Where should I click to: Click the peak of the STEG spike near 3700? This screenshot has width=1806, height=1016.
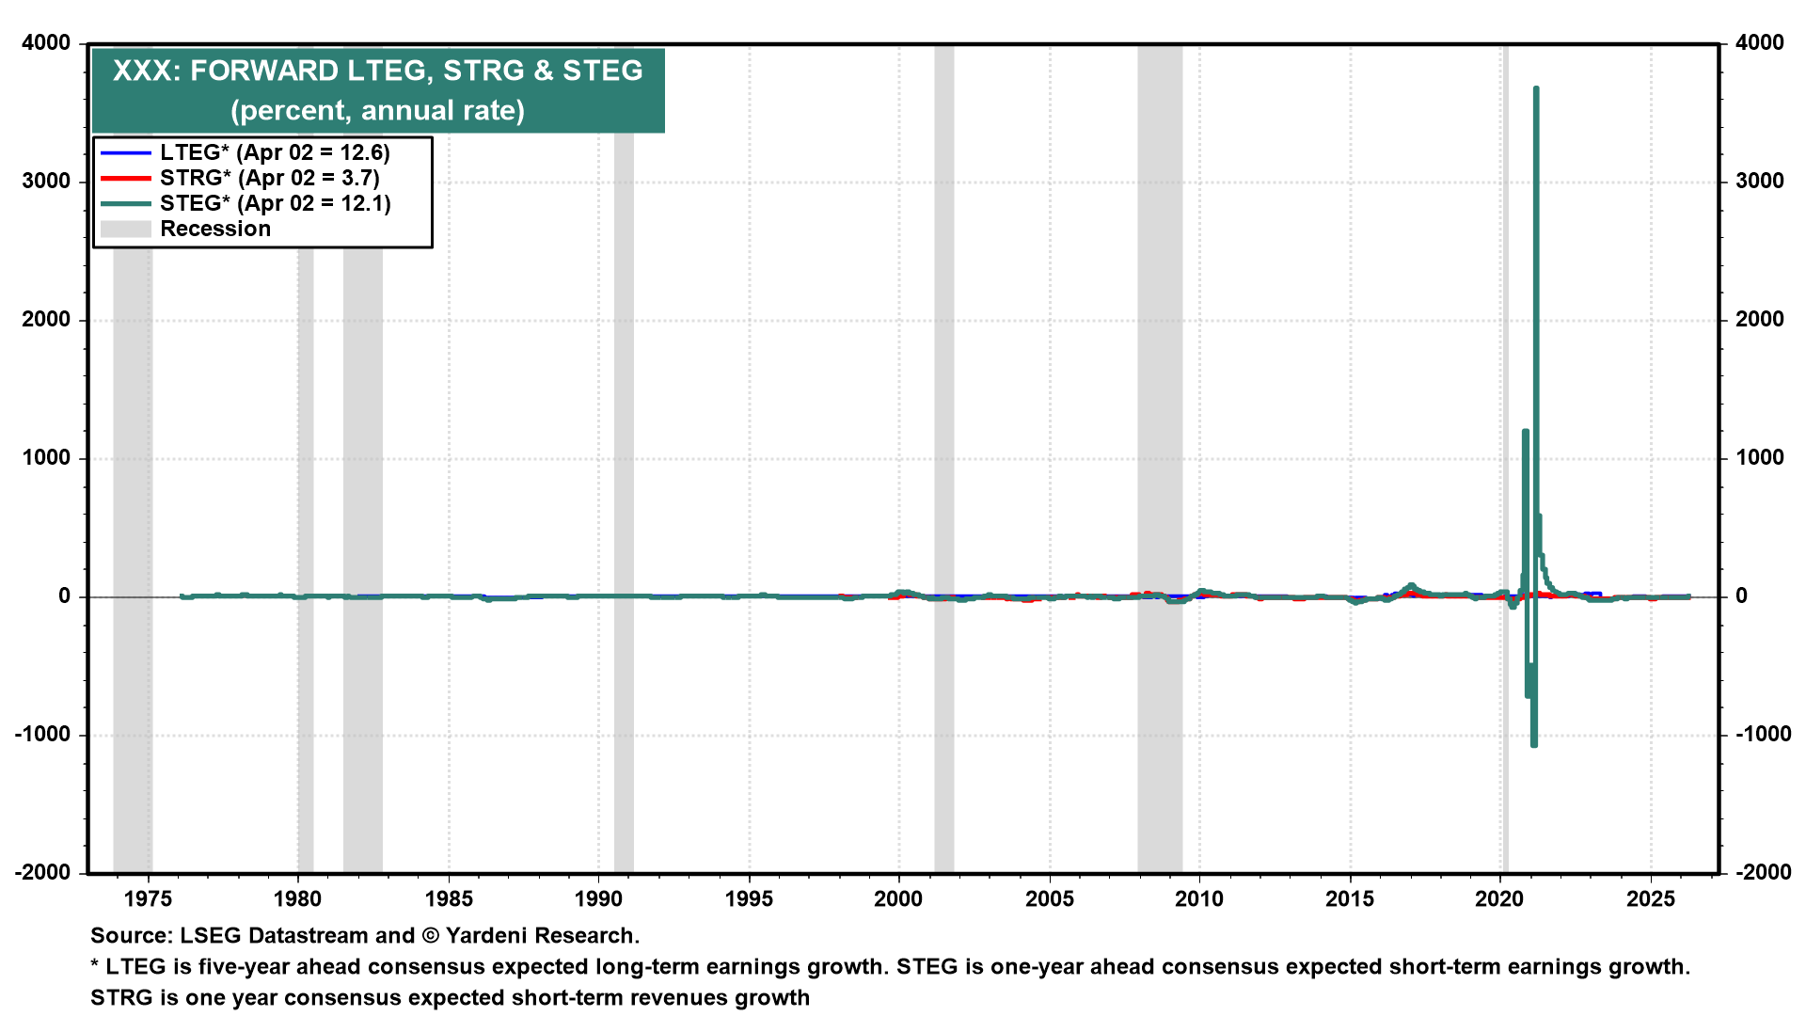click(1536, 89)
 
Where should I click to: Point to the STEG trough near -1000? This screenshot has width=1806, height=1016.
click(1534, 743)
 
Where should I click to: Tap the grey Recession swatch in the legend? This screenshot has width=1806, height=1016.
click(125, 229)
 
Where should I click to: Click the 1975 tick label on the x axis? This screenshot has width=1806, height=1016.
click(148, 898)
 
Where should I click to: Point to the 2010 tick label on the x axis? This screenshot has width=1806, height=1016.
click(1199, 898)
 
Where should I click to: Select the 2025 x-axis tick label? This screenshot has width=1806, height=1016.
click(1651, 898)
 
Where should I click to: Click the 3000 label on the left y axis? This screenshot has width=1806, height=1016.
click(46, 181)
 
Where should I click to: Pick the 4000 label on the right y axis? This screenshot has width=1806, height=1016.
click(1759, 42)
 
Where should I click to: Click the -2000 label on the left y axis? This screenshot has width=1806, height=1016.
click(43, 872)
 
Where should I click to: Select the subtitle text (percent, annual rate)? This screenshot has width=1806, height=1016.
click(377, 110)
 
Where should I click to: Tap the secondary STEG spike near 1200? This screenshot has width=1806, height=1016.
click(1525, 433)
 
